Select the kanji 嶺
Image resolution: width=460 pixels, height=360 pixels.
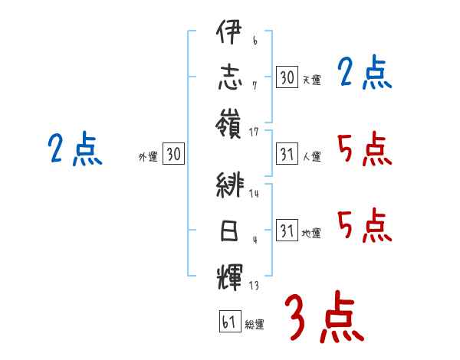point(229,123)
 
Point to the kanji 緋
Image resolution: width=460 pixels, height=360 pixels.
point(229,187)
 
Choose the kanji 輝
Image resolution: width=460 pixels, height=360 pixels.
point(229,273)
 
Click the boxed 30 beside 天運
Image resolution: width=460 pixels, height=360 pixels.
point(287,77)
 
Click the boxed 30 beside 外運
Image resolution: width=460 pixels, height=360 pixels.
point(173,155)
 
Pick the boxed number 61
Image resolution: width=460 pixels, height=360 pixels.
point(229,322)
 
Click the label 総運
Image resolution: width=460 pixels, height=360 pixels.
point(255,324)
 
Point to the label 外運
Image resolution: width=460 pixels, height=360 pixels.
point(148,157)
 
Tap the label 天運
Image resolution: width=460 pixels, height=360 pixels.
point(311,79)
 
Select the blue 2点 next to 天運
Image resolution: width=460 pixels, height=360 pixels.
point(365,74)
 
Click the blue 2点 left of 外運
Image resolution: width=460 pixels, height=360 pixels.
point(74,149)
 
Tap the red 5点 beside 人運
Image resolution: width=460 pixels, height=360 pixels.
point(365,149)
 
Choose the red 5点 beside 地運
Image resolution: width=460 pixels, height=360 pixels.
point(365,226)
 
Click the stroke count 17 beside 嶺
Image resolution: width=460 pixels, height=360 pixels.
point(255,133)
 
